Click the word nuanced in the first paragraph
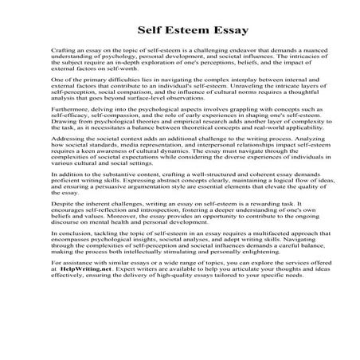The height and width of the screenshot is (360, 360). (x=293, y=49)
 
